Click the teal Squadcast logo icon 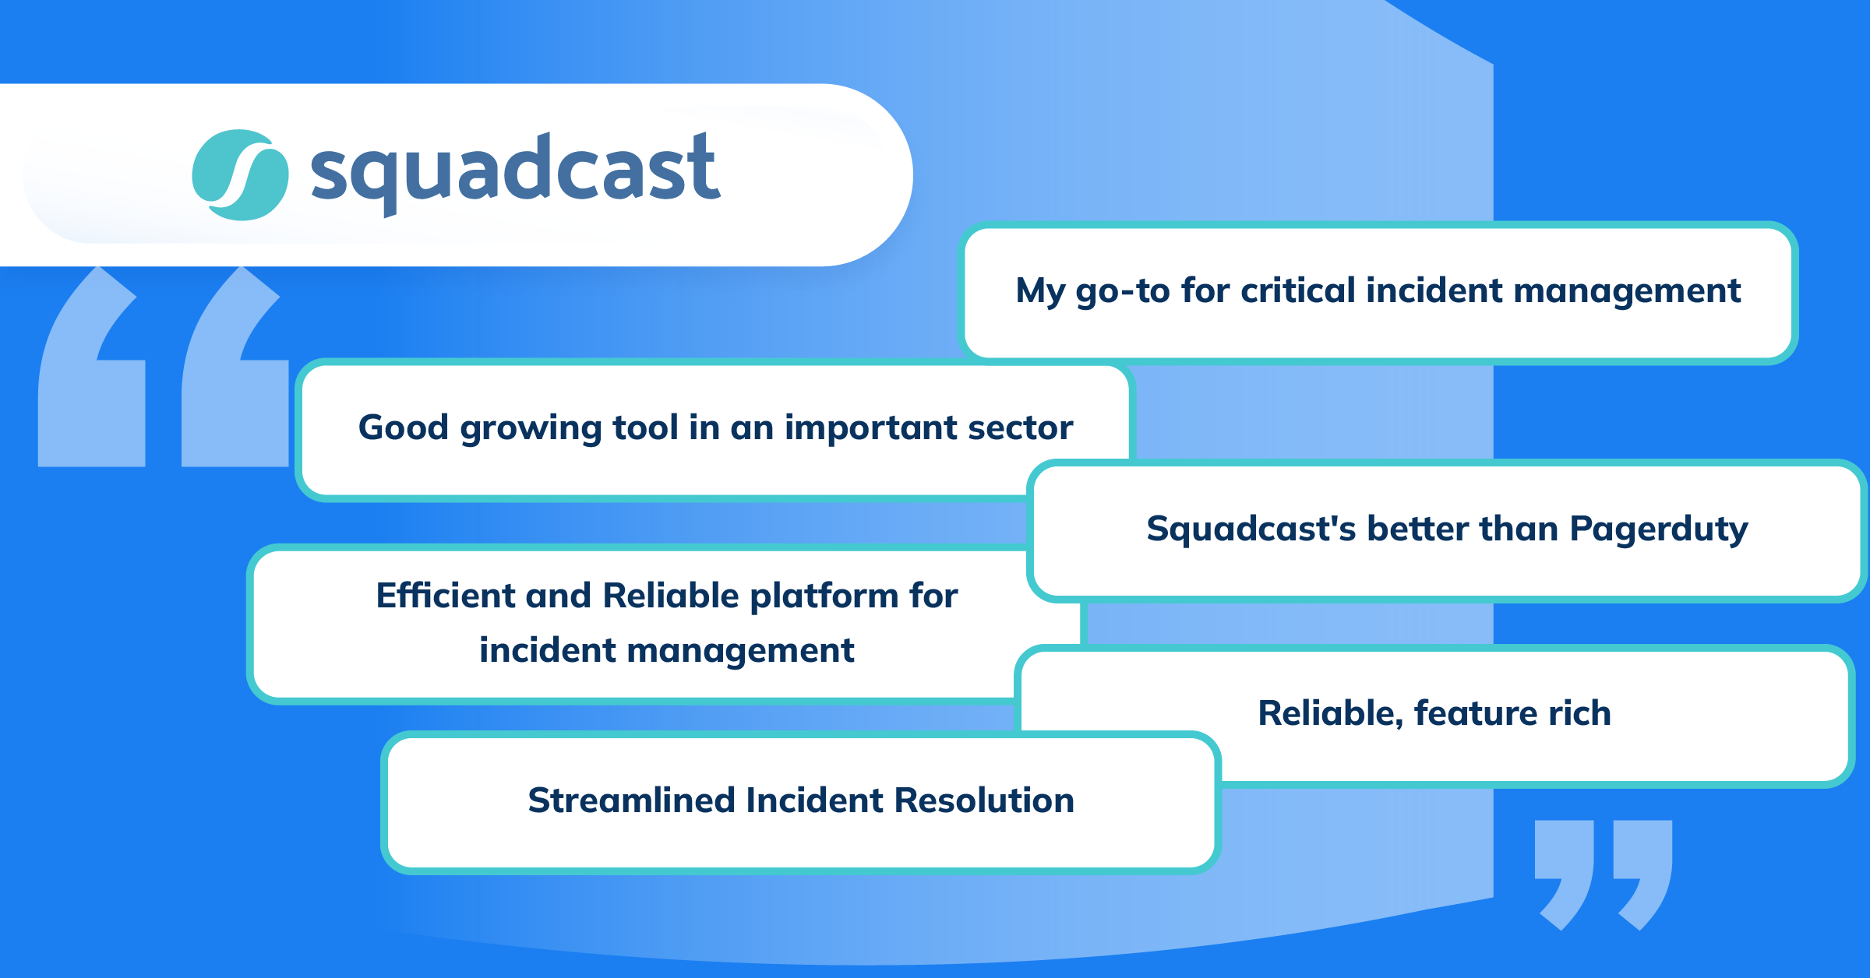(x=240, y=175)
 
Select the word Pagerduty (x=1659, y=529)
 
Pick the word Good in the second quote (x=403, y=427)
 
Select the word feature (x=1475, y=713)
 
